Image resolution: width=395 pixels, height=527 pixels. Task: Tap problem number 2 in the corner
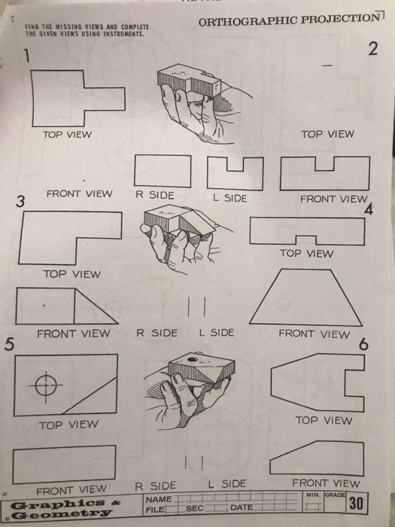point(372,50)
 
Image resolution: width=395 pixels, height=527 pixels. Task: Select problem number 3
point(21,202)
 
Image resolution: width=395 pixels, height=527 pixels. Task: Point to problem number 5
point(9,345)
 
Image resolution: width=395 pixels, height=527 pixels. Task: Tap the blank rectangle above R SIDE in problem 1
point(162,171)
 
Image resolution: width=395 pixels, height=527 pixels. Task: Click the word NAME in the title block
point(159,499)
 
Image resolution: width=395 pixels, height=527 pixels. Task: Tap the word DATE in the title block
point(242,509)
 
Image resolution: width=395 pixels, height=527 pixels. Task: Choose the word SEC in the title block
point(195,509)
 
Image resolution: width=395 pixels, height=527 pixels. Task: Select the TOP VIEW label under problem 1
point(67,134)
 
